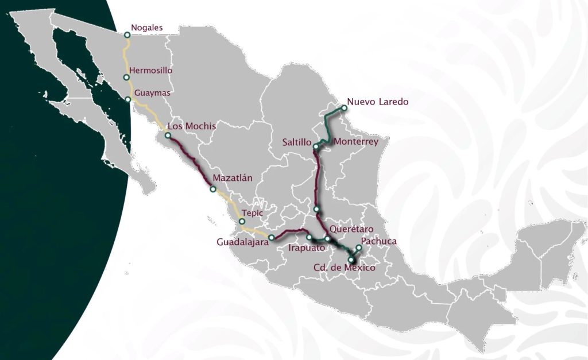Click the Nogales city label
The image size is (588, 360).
(147, 27)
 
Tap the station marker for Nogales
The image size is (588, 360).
(127, 35)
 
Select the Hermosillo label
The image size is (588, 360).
(151, 70)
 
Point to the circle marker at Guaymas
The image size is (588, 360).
(127, 99)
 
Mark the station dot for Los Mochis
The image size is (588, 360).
(168, 136)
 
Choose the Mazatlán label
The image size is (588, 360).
(233, 178)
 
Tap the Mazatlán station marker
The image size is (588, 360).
(213, 189)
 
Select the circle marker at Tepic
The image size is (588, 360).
(242, 222)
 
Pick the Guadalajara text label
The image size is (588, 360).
(243, 243)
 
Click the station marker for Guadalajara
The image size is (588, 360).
(272, 237)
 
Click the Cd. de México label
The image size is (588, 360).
(344, 268)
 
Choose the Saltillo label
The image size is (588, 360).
(297, 142)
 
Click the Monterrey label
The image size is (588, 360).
(356, 142)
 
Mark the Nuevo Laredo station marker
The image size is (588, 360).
(344, 107)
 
